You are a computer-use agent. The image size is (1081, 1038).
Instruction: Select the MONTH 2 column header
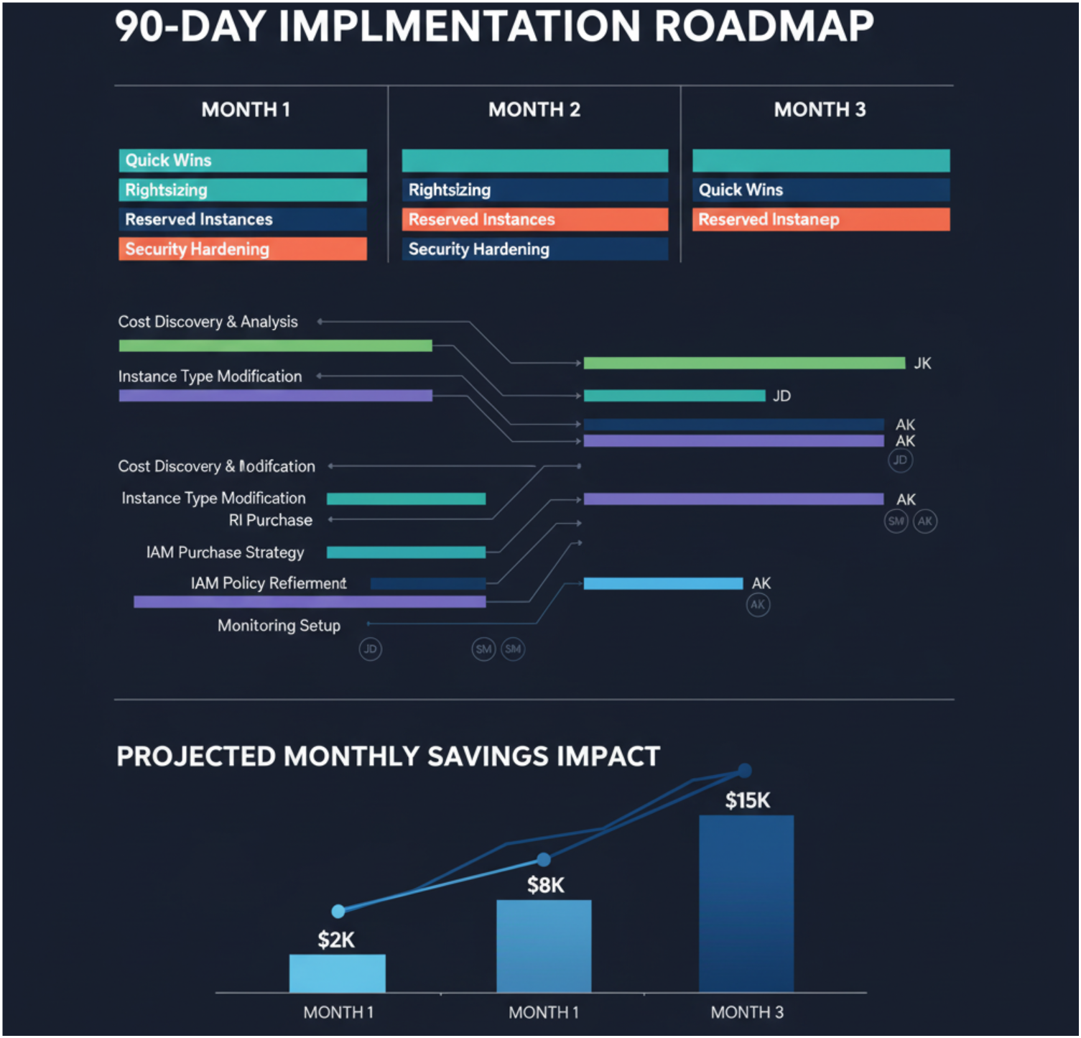click(534, 109)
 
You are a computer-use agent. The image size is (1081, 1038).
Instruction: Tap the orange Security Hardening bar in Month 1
click(242, 249)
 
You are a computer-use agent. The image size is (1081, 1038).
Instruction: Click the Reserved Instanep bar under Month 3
click(820, 219)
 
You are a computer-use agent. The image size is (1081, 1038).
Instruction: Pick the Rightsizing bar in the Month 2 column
click(534, 190)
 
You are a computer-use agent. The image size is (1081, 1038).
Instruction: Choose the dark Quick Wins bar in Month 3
click(820, 190)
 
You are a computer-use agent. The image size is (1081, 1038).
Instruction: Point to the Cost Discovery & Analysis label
click(208, 322)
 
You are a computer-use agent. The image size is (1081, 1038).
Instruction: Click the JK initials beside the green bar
click(922, 363)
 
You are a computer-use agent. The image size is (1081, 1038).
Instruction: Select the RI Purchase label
click(270, 520)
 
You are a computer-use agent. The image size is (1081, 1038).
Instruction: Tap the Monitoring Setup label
click(279, 626)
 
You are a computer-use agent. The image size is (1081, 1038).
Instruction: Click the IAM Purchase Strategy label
click(225, 552)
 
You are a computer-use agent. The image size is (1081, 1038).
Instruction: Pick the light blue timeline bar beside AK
click(662, 583)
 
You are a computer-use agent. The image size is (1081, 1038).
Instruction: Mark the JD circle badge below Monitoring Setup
click(370, 649)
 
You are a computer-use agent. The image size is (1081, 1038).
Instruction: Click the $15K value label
click(747, 800)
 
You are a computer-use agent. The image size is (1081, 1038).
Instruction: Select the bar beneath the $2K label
click(337, 973)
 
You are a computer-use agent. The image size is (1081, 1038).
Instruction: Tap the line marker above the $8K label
click(544, 860)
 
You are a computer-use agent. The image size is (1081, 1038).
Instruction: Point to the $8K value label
click(545, 885)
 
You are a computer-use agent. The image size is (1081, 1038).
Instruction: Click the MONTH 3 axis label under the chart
click(747, 1012)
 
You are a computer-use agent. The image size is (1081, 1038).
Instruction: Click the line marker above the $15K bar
click(745, 771)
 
